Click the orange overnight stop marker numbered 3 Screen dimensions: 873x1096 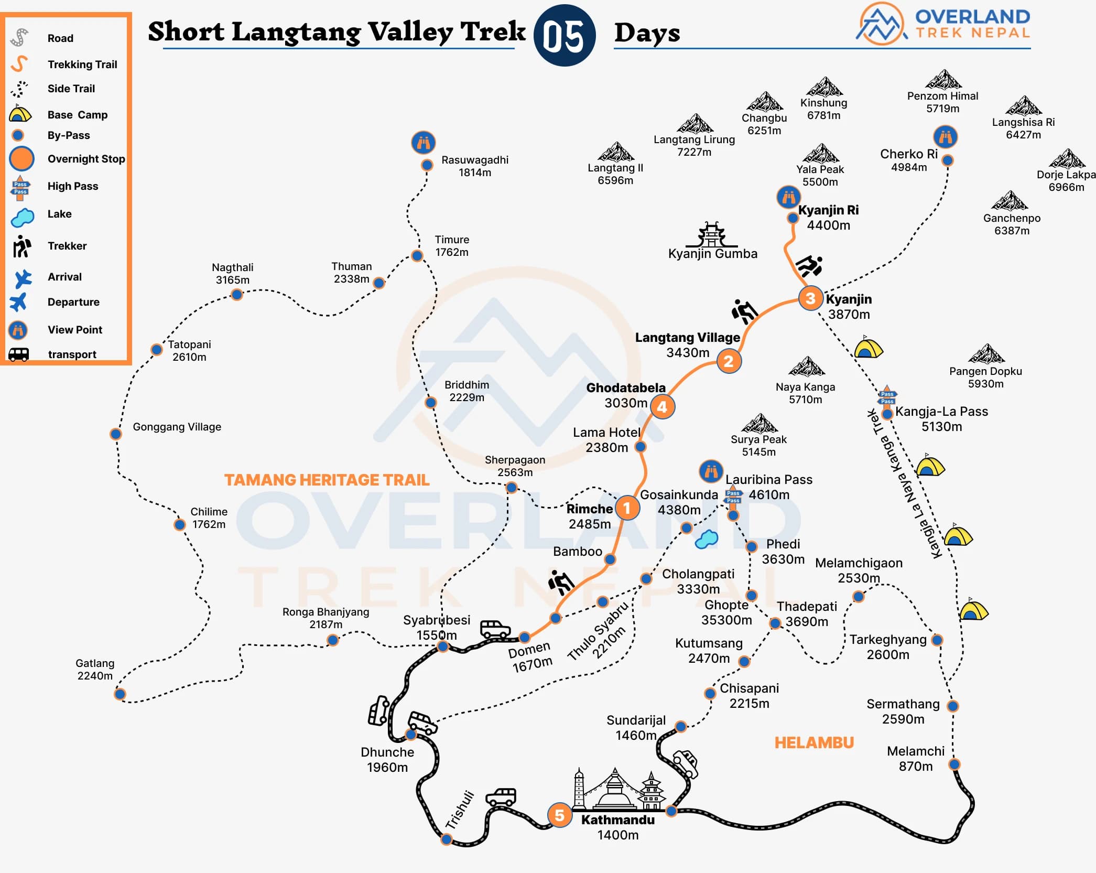pos(810,298)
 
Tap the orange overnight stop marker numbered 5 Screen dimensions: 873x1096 pos(559,815)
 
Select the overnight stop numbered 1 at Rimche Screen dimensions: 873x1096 pos(626,508)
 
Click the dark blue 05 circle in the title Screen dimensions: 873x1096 pos(565,36)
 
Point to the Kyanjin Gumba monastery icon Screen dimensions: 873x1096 pos(711,235)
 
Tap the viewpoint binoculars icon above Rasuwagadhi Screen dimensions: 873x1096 pos(424,142)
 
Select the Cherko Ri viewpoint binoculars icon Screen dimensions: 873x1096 pos(946,137)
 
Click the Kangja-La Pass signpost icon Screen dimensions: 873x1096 pos(887,397)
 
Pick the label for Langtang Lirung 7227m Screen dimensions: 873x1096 pos(694,146)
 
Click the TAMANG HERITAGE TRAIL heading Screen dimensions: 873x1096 pos(327,480)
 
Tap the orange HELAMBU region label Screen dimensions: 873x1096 pos(814,742)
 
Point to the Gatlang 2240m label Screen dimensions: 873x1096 pos(95,670)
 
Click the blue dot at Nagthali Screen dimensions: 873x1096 pos(237,295)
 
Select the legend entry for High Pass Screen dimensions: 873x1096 pos(73,186)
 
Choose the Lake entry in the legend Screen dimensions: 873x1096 pos(59,214)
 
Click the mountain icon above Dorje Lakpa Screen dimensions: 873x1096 pos(1067,158)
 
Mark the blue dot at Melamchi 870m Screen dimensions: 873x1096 pos(954,764)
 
